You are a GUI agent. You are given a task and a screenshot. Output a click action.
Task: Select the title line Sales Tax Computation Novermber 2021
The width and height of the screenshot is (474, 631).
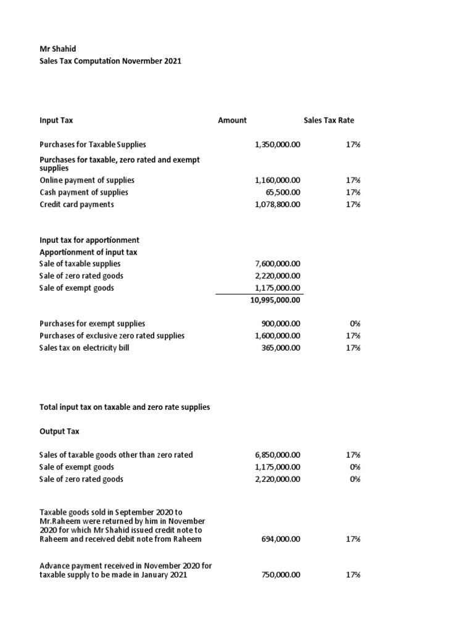coord(110,62)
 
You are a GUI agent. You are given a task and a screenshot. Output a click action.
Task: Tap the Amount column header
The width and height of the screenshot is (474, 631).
coord(232,120)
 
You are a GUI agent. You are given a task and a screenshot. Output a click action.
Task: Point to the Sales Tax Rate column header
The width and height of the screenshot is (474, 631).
coord(328,120)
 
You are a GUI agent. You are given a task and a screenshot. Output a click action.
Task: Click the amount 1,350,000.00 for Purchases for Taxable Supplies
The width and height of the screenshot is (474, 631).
coord(277,144)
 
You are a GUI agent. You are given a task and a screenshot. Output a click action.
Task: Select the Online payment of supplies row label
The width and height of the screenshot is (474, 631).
coord(87,181)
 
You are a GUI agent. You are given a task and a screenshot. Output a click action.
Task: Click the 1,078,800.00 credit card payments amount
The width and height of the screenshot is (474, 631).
coord(277,205)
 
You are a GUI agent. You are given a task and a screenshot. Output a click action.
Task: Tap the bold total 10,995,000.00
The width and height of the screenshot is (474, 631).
coord(275,300)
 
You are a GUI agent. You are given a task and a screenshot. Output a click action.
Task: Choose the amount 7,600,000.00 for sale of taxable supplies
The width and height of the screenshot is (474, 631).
coord(277,264)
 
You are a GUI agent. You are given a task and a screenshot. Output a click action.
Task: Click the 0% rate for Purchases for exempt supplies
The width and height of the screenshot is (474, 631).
coord(354,324)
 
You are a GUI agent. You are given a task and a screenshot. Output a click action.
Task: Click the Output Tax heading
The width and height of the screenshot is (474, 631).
coord(59,431)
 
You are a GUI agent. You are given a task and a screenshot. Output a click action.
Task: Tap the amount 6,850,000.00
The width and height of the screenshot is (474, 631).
coord(277,455)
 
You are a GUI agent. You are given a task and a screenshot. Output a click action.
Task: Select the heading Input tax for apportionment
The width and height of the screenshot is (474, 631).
coord(89,240)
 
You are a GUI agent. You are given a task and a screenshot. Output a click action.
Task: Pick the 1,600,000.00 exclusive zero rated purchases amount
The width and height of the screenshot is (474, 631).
coord(277,336)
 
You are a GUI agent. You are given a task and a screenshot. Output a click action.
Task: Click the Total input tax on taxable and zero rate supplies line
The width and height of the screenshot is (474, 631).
coord(125,407)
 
